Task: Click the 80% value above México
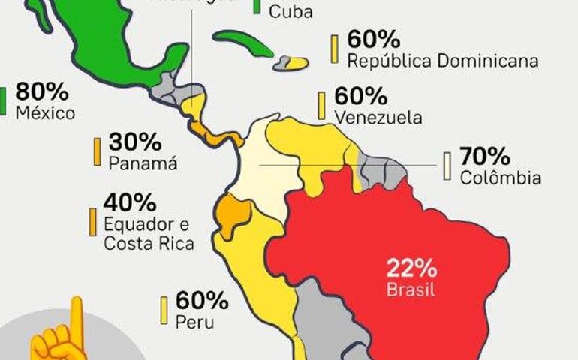click(x=42, y=93)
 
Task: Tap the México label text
click(x=45, y=114)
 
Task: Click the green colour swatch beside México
click(x=2, y=100)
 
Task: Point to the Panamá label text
click(x=143, y=163)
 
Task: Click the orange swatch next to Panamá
click(x=97, y=151)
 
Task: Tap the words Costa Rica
click(x=149, y=243)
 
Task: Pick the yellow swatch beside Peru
click(x=164, y=310)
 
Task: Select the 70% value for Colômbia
click(x=485, y=157)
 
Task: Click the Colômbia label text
click(x=500, y=178)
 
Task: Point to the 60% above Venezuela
click(x=360, y=97)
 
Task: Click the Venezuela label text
click(x=378, y=118)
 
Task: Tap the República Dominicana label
click(x=442, y=60)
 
